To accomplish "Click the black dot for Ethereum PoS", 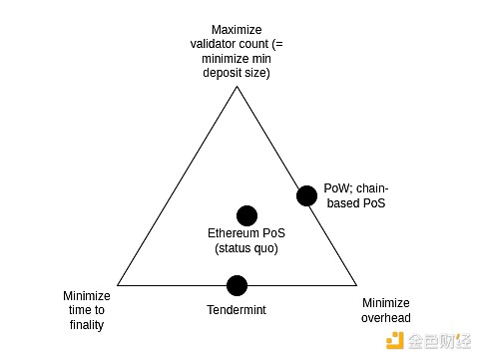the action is (246, 215).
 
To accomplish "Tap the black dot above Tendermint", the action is (237, 286).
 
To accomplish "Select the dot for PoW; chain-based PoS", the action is (307, 194).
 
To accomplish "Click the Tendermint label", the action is (237, 310).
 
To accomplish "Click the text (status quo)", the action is (246, 248).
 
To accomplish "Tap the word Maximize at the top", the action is (237, 28).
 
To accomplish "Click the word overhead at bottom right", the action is (385, 318).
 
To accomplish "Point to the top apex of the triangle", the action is (237, 87).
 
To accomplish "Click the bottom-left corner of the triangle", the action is (118, 285).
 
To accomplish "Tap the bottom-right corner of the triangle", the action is (355, 285).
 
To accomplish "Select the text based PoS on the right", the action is (355, 202).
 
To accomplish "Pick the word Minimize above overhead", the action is (385, 303).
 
